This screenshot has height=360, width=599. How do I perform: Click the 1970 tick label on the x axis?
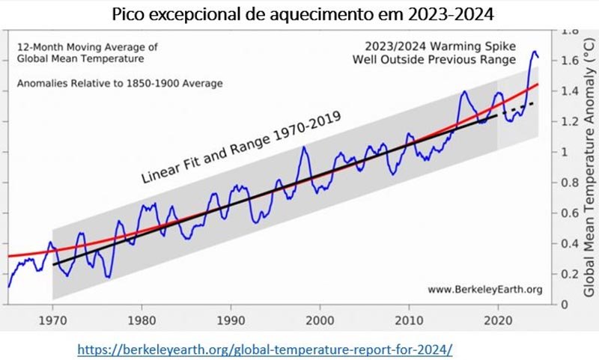(52, 317)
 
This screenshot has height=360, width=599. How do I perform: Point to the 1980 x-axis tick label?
(141, 317)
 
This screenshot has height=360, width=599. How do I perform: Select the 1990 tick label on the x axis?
(231, 317)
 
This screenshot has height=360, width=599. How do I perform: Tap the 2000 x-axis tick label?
(320, 317)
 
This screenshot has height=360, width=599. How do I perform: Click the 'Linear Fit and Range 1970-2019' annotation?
(241, 147)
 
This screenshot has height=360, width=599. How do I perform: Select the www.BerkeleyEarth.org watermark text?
(484, 289)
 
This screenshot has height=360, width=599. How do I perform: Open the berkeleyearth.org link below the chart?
(266, 349)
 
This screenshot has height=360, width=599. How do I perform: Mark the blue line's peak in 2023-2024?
(535, 52)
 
